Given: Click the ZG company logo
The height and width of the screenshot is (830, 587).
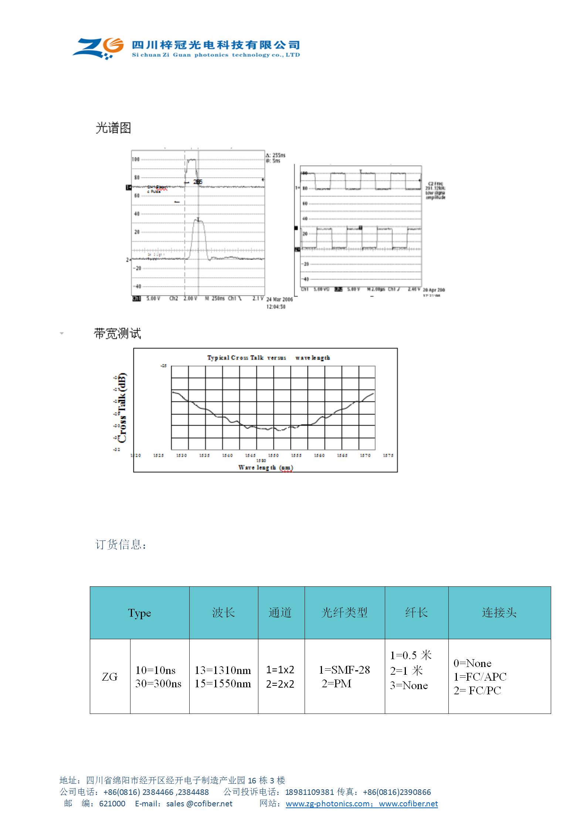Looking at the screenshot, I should pos(98,48).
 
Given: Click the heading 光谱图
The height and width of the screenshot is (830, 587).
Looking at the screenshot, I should pos(113,128).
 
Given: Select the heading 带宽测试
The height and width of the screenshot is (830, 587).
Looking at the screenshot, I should pos(117,333).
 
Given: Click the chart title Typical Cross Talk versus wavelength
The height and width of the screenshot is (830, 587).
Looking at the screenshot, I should pos(268,358).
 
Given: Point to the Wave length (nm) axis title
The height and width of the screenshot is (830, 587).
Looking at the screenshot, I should pos(265,467).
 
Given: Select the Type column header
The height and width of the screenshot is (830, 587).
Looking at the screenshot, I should pos(139,613).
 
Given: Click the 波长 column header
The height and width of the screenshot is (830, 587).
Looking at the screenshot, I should pos(223,613).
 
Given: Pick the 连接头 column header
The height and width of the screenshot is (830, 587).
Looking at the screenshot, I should pos(499,613).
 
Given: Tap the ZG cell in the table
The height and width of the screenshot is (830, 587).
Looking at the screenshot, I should pos(110,677).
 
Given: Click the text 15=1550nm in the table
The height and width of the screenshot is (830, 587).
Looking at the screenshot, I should pos(223,684).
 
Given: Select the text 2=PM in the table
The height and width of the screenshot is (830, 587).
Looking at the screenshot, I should pos(336,684).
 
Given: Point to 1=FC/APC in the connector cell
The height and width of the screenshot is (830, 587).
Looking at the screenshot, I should pos(480,677).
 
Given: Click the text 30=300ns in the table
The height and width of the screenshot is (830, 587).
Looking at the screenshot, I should pos(158,684).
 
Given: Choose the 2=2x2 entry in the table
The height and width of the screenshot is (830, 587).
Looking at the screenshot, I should pos(280,684).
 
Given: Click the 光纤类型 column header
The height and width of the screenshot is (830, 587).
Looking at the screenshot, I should pos(344,613).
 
